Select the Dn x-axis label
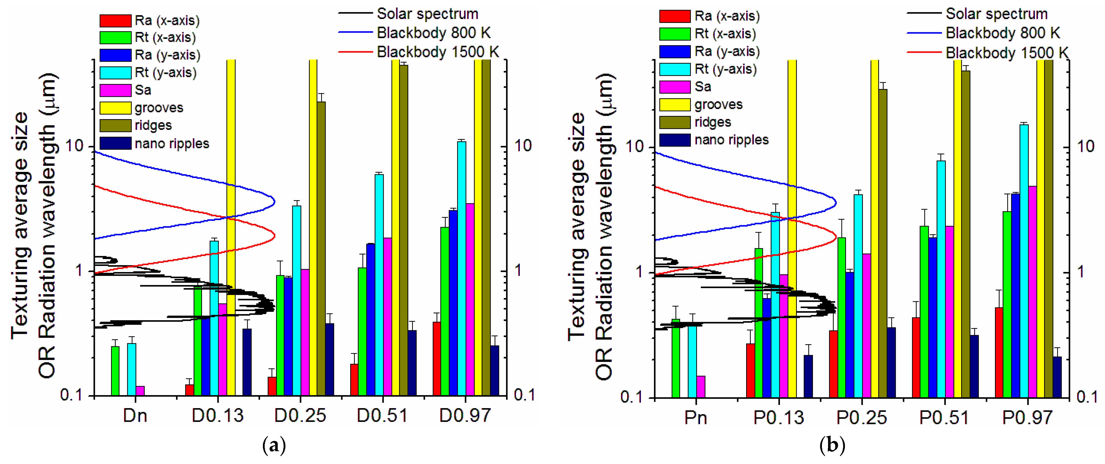tap(135, 416)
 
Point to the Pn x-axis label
tap(695, 417)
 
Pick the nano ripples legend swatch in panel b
tap(675, 140)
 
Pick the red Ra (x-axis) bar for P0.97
tap(999, 352)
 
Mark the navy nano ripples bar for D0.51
tap(412, 363)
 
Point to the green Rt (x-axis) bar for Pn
tap(675, 358)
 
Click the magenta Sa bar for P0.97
tap(1032, 292)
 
